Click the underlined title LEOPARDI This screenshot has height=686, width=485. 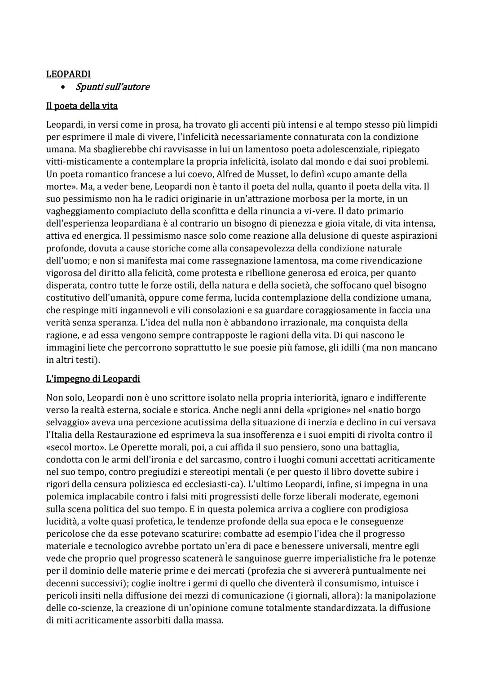[68, 74]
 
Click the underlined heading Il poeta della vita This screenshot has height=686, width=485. [82, 106]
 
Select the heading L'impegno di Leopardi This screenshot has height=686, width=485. [93, 379]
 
